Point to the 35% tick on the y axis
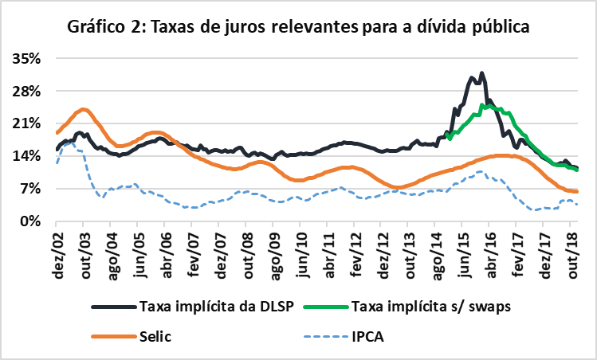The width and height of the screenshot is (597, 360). pyautogui.click(x=26, y=58)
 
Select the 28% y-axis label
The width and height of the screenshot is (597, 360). pyautogui.click(x=26, y=91)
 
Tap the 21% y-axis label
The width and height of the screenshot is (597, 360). pyautogui.click(x=26, y=123)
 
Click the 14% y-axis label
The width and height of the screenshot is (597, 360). pyautogui.click(x=26, y=156)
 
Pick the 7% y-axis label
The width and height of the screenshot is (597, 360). pyautogui.click(x=30, y=189)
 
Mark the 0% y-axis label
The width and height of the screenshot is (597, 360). pyautogui.click(x=30, y=221)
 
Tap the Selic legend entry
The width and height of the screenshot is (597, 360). pyautogui.click(x=155, y=336)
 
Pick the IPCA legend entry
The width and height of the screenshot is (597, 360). pyautogui.click(x=367, y=336)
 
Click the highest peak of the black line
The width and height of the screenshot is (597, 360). pyautogui.click(x=481, y=73)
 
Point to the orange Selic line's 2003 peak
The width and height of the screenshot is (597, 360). pyautogui.click(x=83, y=110)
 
